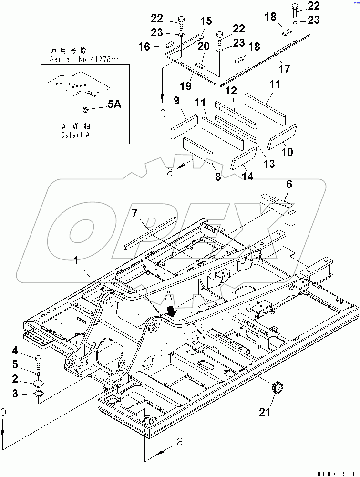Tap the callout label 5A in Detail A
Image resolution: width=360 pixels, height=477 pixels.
point(114,105)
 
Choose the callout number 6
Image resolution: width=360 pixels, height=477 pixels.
point(289,184)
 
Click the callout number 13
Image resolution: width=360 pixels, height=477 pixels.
point(269,164)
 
